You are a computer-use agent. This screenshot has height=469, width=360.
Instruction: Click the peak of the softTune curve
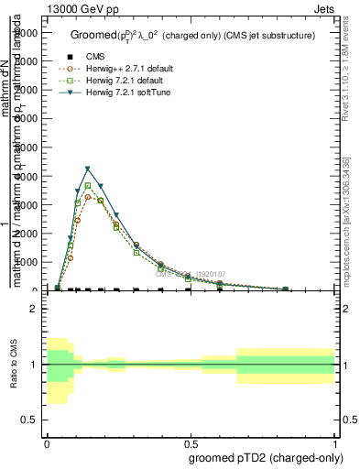click(88, 169)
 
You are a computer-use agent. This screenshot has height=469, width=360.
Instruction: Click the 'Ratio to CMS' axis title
click(15, 365)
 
